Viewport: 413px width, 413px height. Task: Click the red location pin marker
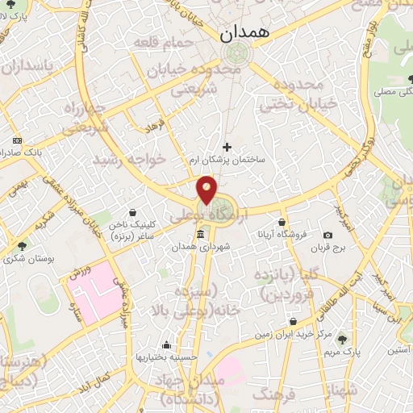(x=206, y=190)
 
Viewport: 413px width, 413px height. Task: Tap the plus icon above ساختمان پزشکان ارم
(x=227, y=147)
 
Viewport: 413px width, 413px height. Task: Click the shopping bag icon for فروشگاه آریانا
(x=282, y=222)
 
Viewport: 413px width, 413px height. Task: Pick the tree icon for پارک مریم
(x=344, y=339)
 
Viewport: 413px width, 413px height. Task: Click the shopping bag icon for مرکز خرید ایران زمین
(x=293, y=321)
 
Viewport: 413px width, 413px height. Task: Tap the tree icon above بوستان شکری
(x=21, y=245)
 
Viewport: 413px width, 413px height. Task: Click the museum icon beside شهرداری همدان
(x=200, y=234)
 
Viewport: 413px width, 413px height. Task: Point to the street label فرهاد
(x=153, y=125)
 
